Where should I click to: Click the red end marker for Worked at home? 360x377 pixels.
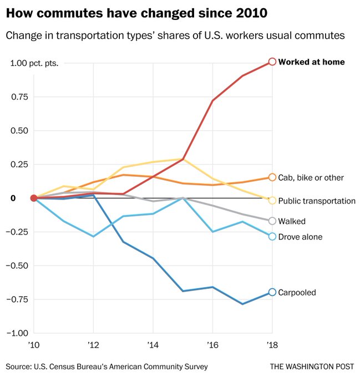(272, 62)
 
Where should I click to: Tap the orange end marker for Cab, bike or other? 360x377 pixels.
(272, 177)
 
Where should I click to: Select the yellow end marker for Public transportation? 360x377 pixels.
(272, 200)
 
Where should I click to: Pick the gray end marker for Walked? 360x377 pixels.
(272, 221)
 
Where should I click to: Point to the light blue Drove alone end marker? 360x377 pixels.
(272, 237)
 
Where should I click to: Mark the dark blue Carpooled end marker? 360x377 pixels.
(272, 292)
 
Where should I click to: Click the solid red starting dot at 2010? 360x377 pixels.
(34, 198)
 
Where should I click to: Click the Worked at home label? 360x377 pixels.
(311, 62)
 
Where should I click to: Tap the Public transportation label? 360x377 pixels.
(317, 201)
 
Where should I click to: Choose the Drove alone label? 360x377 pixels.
(300, 237)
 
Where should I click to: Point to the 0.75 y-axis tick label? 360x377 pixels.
(20, 97)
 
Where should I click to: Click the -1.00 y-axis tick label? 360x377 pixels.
(18, 333)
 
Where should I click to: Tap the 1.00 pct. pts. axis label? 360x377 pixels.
(34, 63)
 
